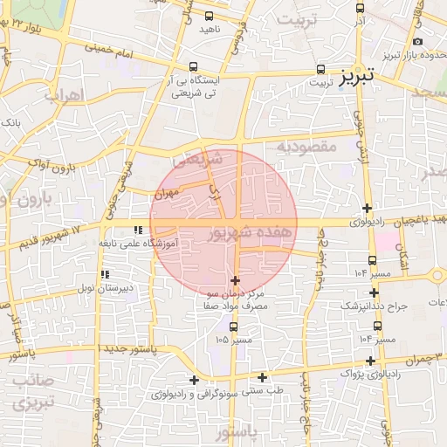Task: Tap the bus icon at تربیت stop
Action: [x=320, y=68]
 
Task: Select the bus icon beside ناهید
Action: [x=209, y=16]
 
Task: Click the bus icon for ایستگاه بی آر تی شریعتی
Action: [x=193, y=66]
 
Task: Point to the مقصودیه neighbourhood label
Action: [x=306, y=147]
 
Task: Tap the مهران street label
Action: [x=170, y=191]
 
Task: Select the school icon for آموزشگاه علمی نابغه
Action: [x=136, y=230]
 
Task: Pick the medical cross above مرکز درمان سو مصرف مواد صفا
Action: [x=235, y=280]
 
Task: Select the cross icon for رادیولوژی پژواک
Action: [x=372, y=361]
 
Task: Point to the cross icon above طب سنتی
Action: [x=262, y=377]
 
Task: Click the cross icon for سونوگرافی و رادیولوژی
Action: [x=194, y=379]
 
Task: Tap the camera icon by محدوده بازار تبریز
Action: [x=419, y=42]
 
